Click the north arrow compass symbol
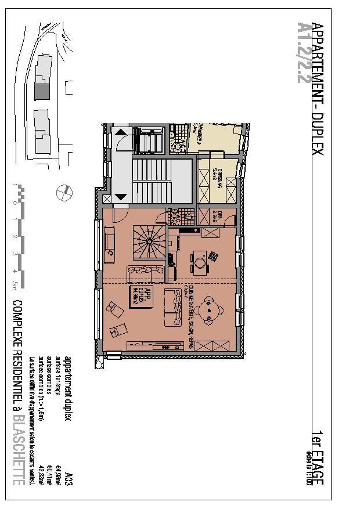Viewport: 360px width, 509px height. click(65, 191)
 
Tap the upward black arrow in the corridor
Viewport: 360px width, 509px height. click(121, 132)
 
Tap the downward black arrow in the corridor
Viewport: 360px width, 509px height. click(121, 196)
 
